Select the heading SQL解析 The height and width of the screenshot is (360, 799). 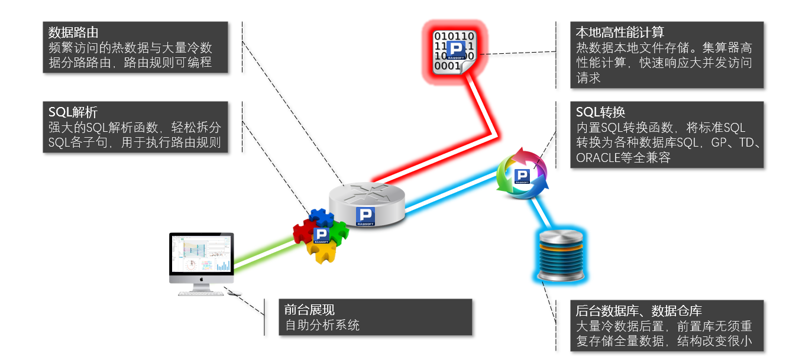click(73, 112)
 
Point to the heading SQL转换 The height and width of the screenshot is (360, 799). click(601, 112)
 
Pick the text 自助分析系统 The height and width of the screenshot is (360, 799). click(322, 325)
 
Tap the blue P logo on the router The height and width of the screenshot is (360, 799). click(367, 216)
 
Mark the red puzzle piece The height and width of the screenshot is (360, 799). click(305, 231)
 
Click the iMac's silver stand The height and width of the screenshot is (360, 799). click(202, 287)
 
